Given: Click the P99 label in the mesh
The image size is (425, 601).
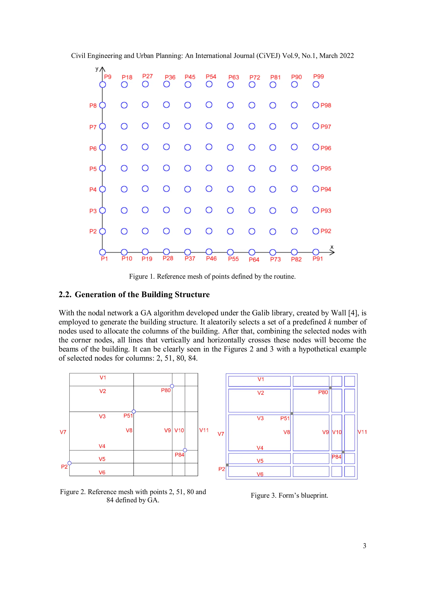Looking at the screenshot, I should [318, 76].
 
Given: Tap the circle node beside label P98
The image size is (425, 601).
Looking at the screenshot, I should [316, 105].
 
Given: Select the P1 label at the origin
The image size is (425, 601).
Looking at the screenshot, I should [104, 259].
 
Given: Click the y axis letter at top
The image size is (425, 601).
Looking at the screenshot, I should [97, 69].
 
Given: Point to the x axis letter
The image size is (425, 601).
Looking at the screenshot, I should [332, 247].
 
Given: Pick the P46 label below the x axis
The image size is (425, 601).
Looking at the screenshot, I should [211, 259].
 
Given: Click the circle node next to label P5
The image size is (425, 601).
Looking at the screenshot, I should [102, 168].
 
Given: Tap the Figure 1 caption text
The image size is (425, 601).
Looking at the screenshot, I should [212, 276].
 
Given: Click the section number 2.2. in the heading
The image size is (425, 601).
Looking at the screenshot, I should [65, 294].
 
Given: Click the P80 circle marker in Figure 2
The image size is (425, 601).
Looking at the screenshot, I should [172, 386].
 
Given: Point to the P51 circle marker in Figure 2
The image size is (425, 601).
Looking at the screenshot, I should [134, 411].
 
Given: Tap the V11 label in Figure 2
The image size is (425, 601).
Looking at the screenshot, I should [204, 430].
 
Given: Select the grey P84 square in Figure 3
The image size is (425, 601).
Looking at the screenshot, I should [343, 452].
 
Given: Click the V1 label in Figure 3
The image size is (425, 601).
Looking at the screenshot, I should [261, 379].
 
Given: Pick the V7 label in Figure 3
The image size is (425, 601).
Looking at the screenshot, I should [221, 434].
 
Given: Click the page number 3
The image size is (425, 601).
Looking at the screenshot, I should [364, 546].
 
